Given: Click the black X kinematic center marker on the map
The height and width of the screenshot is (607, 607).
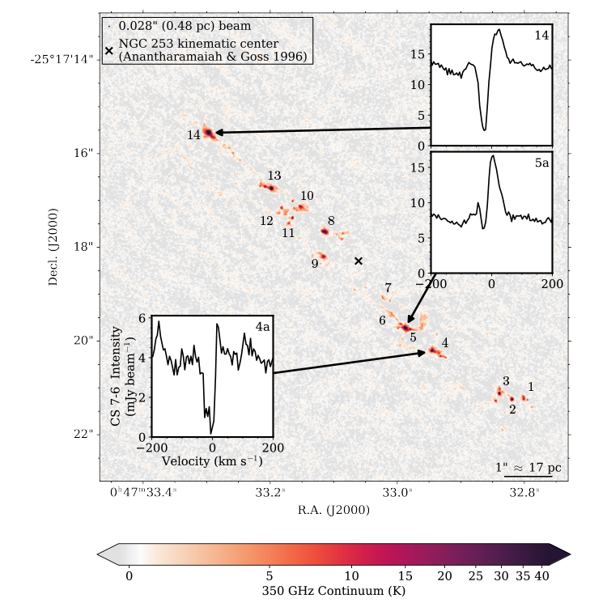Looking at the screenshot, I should pos(359,261).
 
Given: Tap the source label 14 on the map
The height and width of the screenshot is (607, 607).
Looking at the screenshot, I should pos(193,135).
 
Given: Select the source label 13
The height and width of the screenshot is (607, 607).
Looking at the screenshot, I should pos(274,176).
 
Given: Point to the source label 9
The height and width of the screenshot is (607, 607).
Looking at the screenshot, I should pos(315,263).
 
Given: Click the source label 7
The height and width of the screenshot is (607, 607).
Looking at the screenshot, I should pos(388,288).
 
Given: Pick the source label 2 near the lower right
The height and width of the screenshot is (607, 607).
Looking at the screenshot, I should pos(512,410).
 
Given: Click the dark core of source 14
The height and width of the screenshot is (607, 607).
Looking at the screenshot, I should pos(208,131).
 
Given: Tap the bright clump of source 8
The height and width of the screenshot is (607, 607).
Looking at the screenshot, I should pos(325,231).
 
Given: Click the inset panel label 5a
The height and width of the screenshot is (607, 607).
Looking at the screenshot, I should pos(541,163).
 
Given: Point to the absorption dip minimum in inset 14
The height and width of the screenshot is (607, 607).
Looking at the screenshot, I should pos(485,128).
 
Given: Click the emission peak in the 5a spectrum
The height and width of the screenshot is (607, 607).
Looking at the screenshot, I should pos(492,156).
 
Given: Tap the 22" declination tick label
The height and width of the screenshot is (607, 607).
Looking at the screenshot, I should pos(83,434).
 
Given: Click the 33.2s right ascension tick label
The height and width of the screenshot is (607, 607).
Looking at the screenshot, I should pos(270,491).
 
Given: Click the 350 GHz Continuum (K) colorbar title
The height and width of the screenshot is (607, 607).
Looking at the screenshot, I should pos(333,591).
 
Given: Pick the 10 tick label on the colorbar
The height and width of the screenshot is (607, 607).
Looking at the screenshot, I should pos(351,575).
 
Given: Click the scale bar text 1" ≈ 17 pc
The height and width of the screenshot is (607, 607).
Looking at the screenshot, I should pos(528,468).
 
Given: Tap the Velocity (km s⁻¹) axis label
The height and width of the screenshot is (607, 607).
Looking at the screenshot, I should pos(212,461).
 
